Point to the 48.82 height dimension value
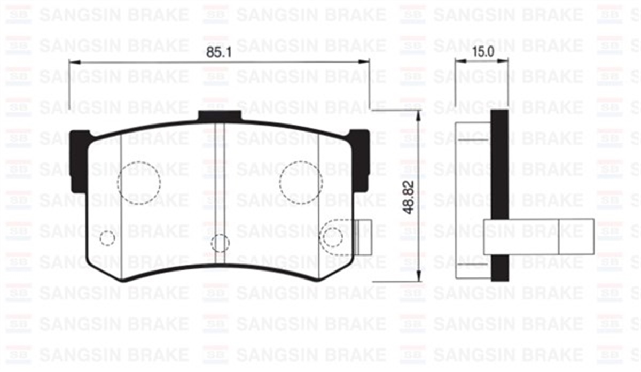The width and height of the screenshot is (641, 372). [410, 196]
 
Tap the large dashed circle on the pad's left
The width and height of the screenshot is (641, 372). [139, 183]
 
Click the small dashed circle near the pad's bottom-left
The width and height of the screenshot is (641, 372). [108, 238]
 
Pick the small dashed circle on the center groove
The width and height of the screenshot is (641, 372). [220, 243]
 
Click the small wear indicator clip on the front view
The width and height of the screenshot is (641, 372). [364, 237]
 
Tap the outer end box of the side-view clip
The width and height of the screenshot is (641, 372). [576, 236]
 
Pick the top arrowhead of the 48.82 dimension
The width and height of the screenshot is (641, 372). [419, 114]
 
